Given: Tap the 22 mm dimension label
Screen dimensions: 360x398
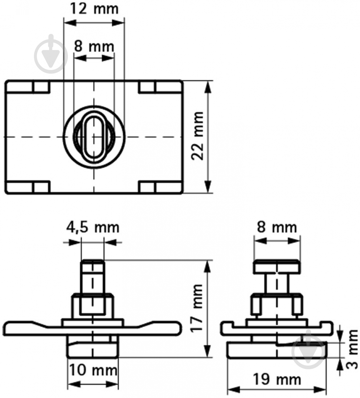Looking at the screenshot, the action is [197, 136].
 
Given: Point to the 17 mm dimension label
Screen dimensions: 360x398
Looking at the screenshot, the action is [197, 308].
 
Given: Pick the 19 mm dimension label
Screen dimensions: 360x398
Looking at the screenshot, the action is [277, 380].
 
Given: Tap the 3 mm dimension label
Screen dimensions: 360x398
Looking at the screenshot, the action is [352, 349].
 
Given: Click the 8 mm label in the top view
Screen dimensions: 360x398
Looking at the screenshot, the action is [94, 46].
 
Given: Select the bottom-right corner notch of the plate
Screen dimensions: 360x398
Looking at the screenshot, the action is [160, 187].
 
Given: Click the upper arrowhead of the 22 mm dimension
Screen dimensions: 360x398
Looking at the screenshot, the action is [208, 87].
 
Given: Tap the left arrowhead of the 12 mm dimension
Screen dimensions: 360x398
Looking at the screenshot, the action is [70, 22].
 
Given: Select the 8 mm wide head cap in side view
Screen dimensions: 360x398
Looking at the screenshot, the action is [277, 266].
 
